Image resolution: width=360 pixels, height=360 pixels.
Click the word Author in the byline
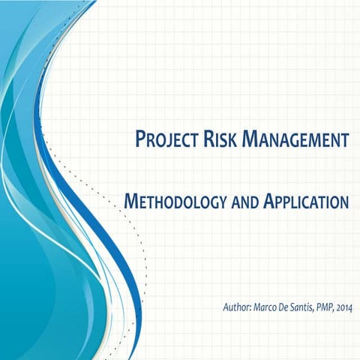[235, 307]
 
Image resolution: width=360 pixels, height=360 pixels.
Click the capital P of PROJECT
[140, 139]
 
